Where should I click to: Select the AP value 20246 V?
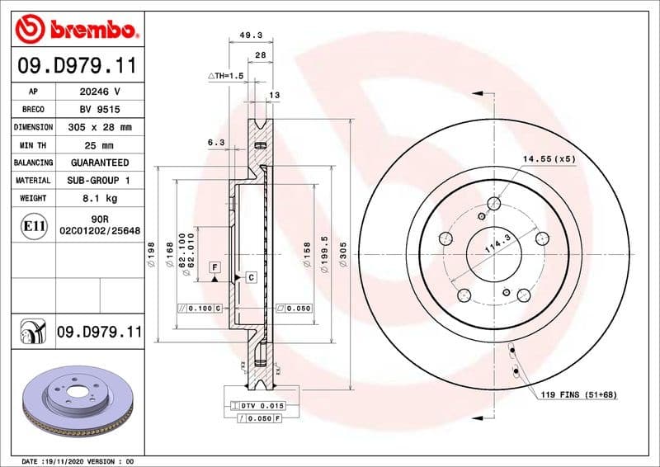(x=100, y=92)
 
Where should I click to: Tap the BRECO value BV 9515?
(x=100, y=110)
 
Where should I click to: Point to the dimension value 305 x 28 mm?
(x=100, y=128)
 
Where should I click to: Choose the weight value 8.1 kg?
(x=100, y=198)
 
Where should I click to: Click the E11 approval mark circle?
(x=35, y=224)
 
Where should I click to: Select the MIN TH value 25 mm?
(x=100, y=145)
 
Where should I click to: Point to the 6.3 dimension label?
(x=216, y=142)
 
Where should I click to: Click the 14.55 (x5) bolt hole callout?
(x=548, y=158)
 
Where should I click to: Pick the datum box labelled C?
(x=251, y=277)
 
